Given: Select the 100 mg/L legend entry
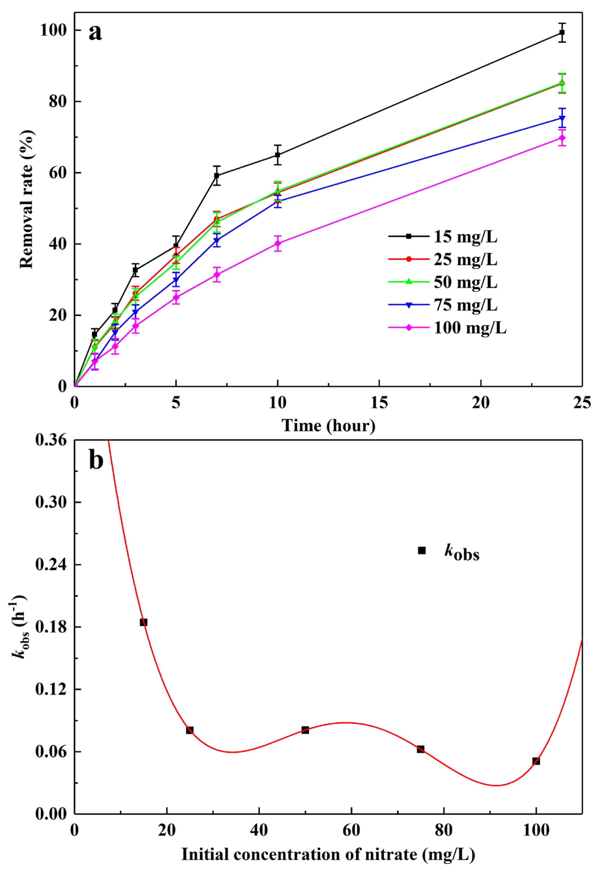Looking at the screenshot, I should tap(448, 328).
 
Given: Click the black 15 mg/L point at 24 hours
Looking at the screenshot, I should tap(562, 33).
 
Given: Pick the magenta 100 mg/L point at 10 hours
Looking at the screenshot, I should tap(277, 243).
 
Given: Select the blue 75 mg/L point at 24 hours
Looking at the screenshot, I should tap(562, 118).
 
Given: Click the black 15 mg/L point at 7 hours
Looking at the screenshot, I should tap(216, 175).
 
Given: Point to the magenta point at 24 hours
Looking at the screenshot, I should tap(562, 138).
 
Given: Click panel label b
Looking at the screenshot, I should tap(96, 460).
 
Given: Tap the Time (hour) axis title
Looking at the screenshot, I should tap(328, 426).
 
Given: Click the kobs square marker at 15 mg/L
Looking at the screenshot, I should tap(144, 622).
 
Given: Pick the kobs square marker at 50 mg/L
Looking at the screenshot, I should tap(305, 730).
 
